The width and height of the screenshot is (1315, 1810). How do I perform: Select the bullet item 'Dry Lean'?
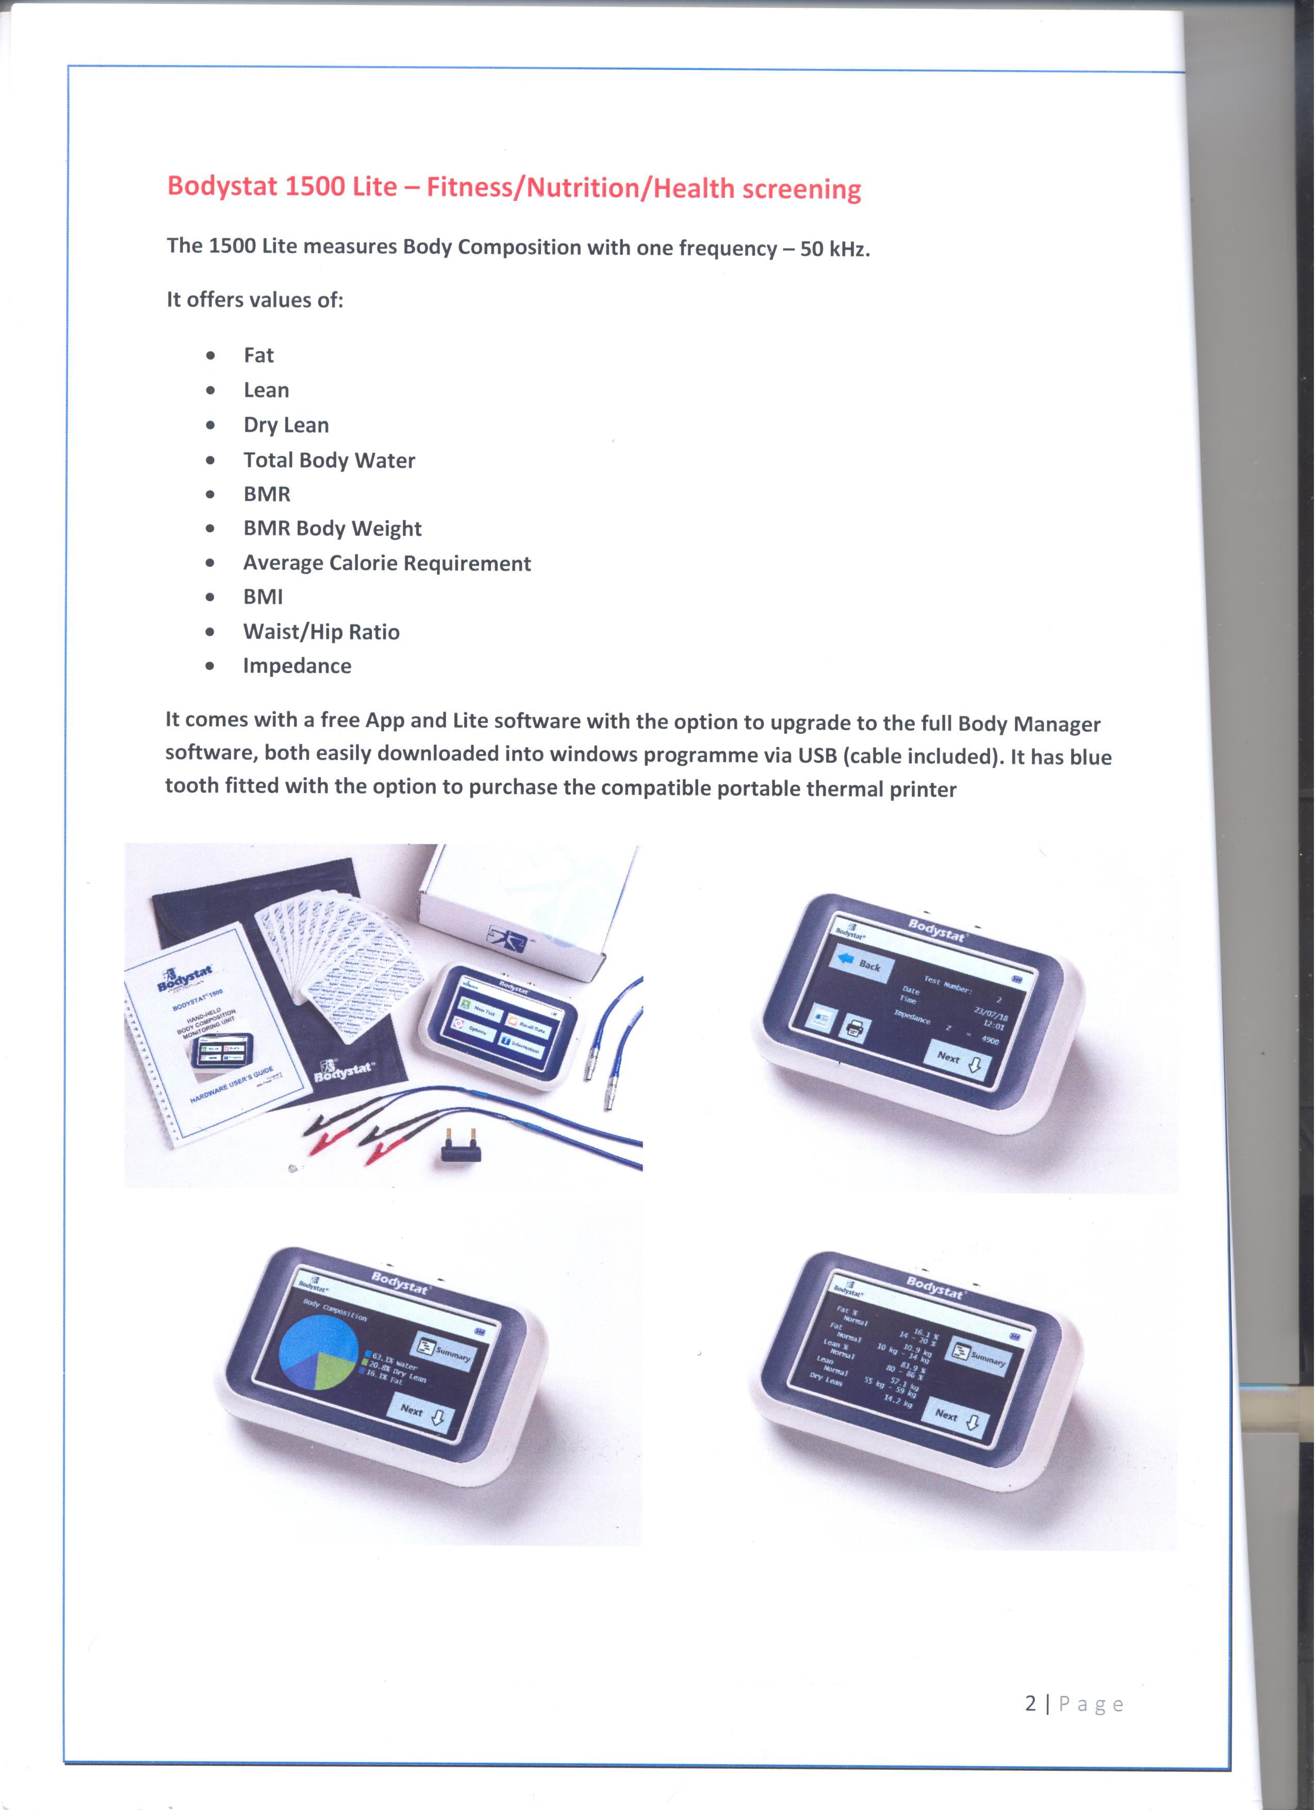click(286, 425)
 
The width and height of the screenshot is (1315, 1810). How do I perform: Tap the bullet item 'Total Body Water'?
click(329, 460)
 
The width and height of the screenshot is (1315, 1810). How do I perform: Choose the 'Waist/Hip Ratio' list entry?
click(321, 632)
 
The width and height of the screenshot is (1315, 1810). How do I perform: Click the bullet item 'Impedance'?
click(297, 666)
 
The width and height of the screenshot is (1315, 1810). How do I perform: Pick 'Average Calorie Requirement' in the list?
click(386, 564)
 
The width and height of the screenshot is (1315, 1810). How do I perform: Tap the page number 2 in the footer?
click(1030, 1704)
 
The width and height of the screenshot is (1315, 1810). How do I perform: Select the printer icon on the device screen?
click(853, 1029)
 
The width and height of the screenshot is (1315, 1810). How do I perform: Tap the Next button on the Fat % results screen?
click(961, 1419)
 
